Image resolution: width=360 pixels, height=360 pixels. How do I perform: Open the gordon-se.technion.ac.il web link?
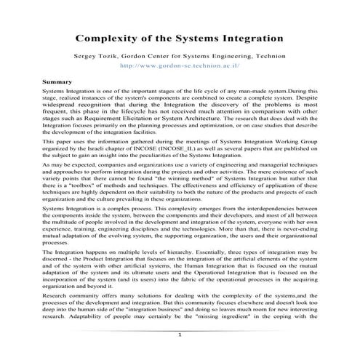(x=179, y=65)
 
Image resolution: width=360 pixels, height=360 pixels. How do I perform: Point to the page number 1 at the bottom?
(x=179, y=334)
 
